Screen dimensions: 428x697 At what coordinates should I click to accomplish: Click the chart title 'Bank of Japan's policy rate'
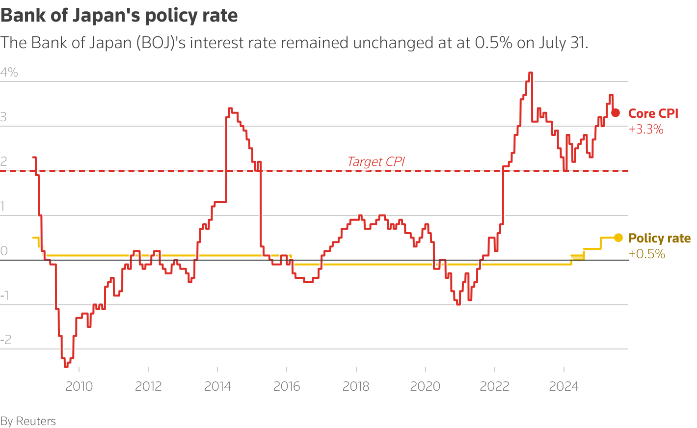(119, 16)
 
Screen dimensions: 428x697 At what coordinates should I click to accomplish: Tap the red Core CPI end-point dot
(616, 113)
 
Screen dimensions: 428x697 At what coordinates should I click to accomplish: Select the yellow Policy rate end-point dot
(618, 238)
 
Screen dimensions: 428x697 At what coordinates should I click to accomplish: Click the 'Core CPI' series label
(653, 113)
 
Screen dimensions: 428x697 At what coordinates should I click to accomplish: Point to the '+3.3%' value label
(645, 130)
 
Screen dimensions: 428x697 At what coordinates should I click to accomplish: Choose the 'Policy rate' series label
(659, 238)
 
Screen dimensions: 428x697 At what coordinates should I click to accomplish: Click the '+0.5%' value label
(646, 254)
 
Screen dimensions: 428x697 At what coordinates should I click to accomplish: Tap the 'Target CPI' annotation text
(376, 161)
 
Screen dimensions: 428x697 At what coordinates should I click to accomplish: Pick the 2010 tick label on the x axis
(79, 386)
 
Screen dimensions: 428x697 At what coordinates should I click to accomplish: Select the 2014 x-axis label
(217, 386)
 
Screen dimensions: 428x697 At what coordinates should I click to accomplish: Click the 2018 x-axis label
(356, 386)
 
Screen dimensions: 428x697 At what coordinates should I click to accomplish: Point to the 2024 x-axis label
(564, 386)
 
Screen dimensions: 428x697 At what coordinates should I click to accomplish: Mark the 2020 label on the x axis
(425, 386)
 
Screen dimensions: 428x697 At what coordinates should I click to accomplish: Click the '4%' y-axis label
(9, 73)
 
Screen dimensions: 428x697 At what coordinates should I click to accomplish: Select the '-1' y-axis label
(5, 295)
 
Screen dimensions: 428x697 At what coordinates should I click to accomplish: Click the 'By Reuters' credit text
(28, 421)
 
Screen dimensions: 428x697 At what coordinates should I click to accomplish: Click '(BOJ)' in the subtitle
(155, 43)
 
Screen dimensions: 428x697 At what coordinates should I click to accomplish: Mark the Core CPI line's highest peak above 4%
(530, 73)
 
